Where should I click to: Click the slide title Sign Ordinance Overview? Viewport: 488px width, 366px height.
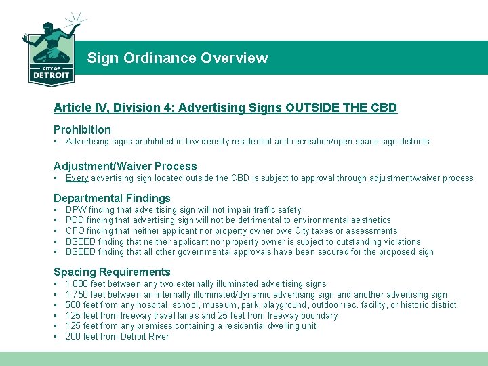pyautogui.click(x=177, y=58)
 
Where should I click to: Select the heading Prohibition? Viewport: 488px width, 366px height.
pyautogui.click(x=82, y=129)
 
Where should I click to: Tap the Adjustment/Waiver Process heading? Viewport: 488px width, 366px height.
pyautogui.click(x=125, y=166)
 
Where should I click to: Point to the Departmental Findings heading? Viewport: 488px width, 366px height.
pyautogui.click(x=112, y=198)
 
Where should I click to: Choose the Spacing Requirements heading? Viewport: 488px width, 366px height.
pyautogui.click(x=112, y=272)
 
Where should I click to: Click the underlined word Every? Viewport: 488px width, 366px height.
pyautogui.click(x=77, y=178)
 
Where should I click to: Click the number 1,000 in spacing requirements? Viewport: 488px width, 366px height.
pyautogui.click(x=77, y=284)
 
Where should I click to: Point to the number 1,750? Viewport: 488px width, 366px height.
pyautogui.click(x=77, y=295)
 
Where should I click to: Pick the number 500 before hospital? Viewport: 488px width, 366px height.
pyautogui.click(x=73, y=305)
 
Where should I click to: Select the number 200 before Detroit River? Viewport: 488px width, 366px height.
pyautogui.click(x=73, y=337)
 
